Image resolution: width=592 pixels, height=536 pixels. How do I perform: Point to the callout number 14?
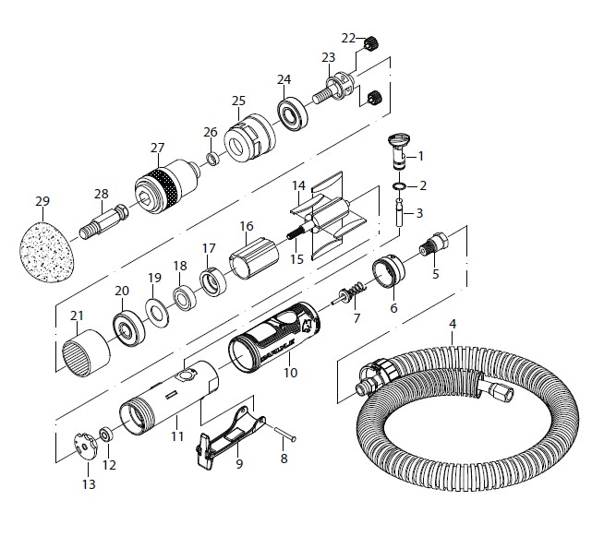[298, 185]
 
